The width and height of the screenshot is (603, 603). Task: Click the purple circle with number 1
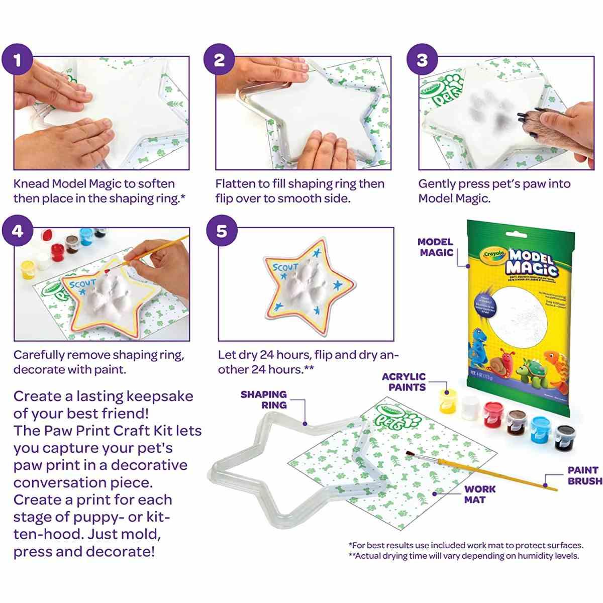18,60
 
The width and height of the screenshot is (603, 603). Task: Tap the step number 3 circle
422,60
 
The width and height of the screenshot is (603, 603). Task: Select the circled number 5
222,232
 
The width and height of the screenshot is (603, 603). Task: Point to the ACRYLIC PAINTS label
404,382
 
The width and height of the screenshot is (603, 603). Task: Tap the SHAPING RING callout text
263,399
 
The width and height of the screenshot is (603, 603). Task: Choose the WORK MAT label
479,494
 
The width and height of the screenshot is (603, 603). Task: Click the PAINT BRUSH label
584,476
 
